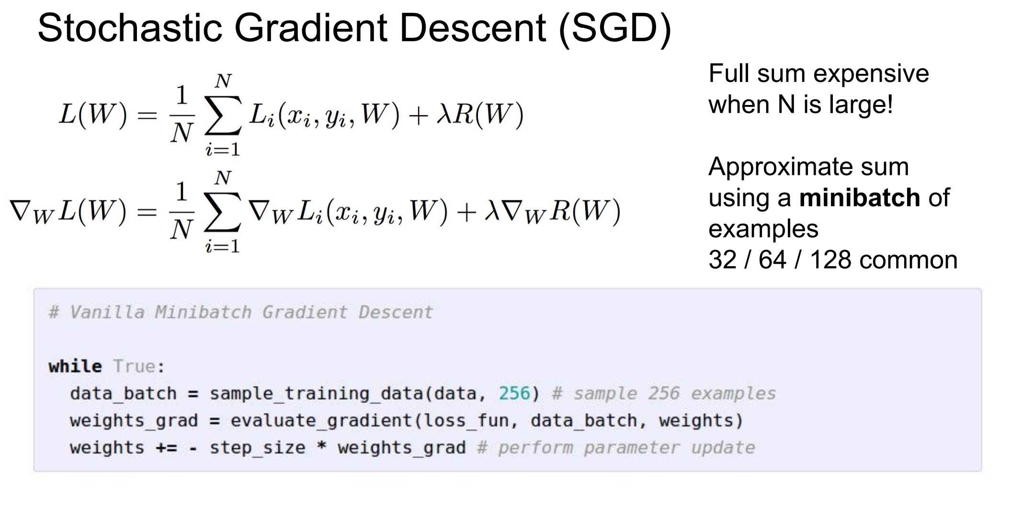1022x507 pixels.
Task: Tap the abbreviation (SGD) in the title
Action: pyautogui.click(x=614, y=29)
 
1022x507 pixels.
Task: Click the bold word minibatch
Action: pyautogui.click(x=860, y=197)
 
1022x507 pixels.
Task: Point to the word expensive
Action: pyautogui.click(x=871, y=74)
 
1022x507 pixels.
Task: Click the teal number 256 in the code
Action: pyautogui.click(x=514, y=393)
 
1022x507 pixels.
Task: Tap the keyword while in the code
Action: pyautogui.click(x=75, y=367)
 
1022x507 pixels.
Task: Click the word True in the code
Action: pyautogui.click(x=134, y=367)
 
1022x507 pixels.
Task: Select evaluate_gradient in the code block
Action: pyautogui.click(x=321, y=421)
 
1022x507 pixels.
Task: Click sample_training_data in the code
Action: pyautogui.click(x=317, y=394)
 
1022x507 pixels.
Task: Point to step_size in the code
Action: pyautogui.click(x=258, y=448)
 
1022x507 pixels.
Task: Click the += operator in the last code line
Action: pyautogui.click(x=166, y=448)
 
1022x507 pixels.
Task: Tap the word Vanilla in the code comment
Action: pyautogui.click(x=107, y=312)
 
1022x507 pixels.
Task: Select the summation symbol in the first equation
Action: pyautogui.click(x=222, y=115)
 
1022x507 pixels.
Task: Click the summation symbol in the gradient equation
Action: pyautogui.click(x=222, y=212)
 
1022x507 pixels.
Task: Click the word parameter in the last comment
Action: pyautogui.click(x=631, y=448)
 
